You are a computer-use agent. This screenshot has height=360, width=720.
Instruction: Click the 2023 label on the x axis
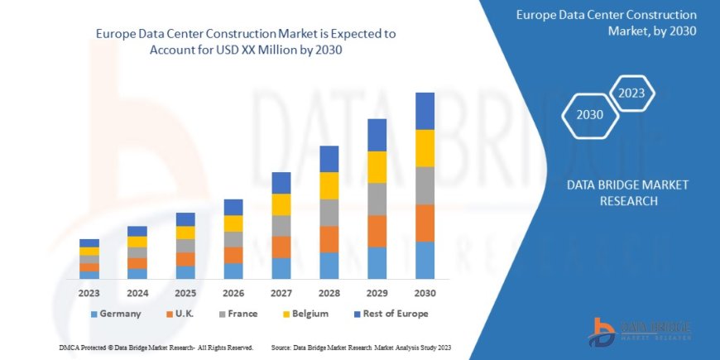point(89,292)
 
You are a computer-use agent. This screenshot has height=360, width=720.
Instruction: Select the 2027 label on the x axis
point(281,292)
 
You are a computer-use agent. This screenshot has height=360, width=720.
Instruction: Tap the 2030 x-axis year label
point(425,292)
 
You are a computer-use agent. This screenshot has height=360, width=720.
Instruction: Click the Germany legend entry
point(115,314)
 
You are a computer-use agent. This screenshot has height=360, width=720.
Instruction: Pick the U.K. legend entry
point(183,314)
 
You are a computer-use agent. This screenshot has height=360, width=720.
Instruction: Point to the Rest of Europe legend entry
point(389,314)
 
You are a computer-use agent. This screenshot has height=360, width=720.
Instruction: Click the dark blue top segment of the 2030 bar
point(425,111)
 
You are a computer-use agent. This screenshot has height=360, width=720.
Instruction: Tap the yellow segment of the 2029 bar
point(377,166)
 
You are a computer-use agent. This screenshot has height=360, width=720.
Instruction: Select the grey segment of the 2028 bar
point(329,212)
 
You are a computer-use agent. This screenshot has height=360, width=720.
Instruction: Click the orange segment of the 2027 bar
point(281,247)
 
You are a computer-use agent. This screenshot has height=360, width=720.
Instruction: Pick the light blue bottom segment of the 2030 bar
point(425,260)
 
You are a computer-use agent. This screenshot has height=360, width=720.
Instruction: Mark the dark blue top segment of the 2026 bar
point(233,207)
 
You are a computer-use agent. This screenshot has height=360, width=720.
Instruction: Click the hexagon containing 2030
point(589,114)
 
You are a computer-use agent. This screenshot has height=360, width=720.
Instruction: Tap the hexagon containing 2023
point(632,92)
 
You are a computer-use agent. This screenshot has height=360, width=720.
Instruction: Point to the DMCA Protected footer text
point(156,347)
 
